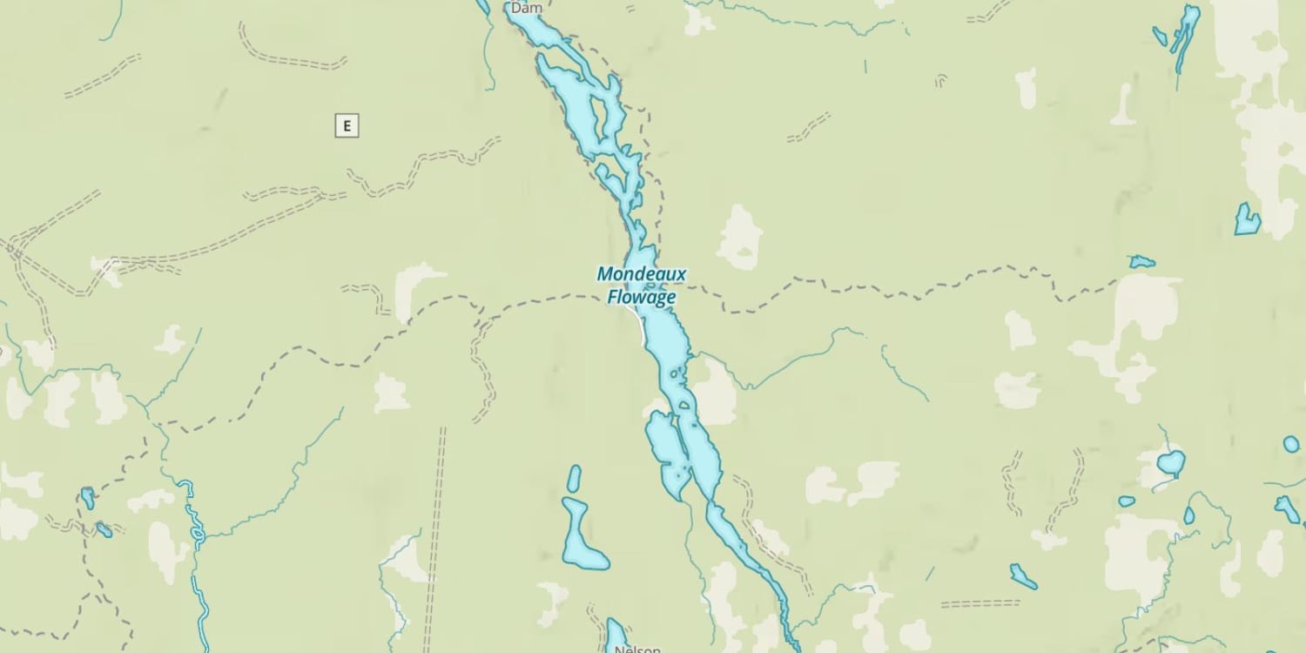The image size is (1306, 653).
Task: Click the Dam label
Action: pos(526,8)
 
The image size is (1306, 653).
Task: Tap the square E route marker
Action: pos(347,125)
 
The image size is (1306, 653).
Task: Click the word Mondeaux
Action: pos(641,275)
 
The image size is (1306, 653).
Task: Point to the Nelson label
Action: pos(637,649)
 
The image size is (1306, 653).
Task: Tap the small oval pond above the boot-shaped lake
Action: pos(574,478)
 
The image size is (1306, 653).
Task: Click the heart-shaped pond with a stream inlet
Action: pos(1170,462)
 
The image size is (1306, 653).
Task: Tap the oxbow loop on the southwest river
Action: pos(198,530)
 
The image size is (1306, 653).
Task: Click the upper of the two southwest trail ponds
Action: pos(87,498)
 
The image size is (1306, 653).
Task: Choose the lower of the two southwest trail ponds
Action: pos(104,529)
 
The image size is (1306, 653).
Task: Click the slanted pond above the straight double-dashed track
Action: pos(1023,576)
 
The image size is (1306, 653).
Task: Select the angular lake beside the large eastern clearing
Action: pos(1247,220)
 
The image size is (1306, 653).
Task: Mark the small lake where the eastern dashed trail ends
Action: pos(1141,261)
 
